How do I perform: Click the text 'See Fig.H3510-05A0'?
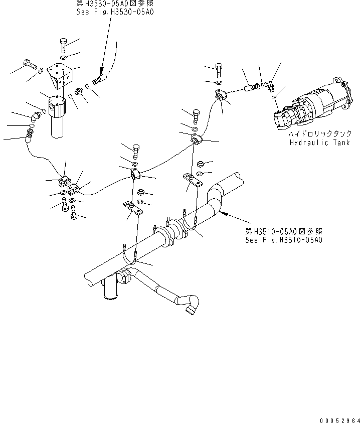pyautogui.click(x=283, y=240)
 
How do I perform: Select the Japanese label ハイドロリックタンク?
pyautogui.click(x=316, y=135)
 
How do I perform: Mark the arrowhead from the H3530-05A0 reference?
pyautogui.click(x=101, y=71)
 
